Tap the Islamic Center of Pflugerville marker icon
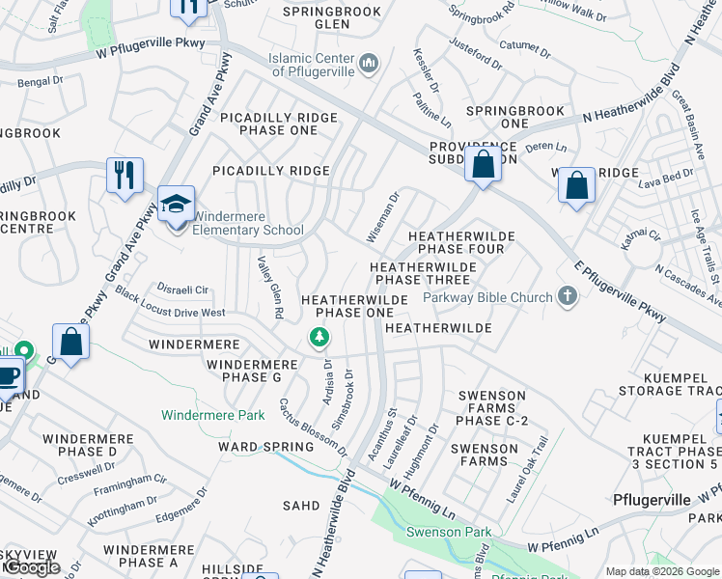[368, 65]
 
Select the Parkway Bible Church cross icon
[568, 297]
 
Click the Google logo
[31, 567]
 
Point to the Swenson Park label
[448, 532]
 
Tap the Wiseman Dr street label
[382, 217]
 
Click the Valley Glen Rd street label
[269, 287]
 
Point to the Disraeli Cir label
[183, 289]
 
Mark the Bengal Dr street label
[42, 87]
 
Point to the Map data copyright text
[661, 571]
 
